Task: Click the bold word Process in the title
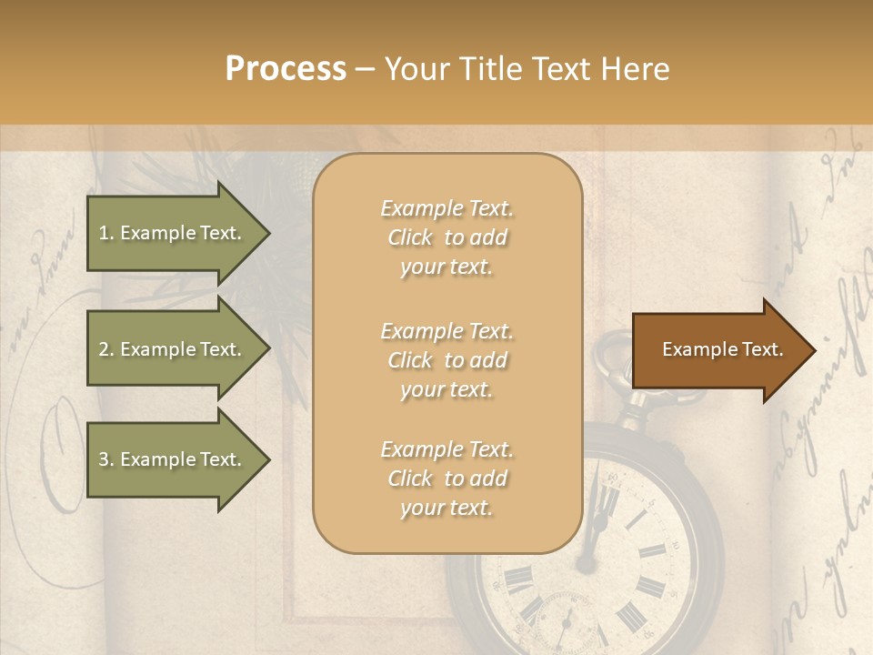[286, 68]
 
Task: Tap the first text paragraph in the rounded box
[447, 237]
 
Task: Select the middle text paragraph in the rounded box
[447, 360]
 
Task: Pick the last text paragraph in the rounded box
[447, 479]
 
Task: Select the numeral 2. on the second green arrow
[106, 349]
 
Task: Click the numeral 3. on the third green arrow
[106, 459]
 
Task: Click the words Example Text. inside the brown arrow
[722, 349]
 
